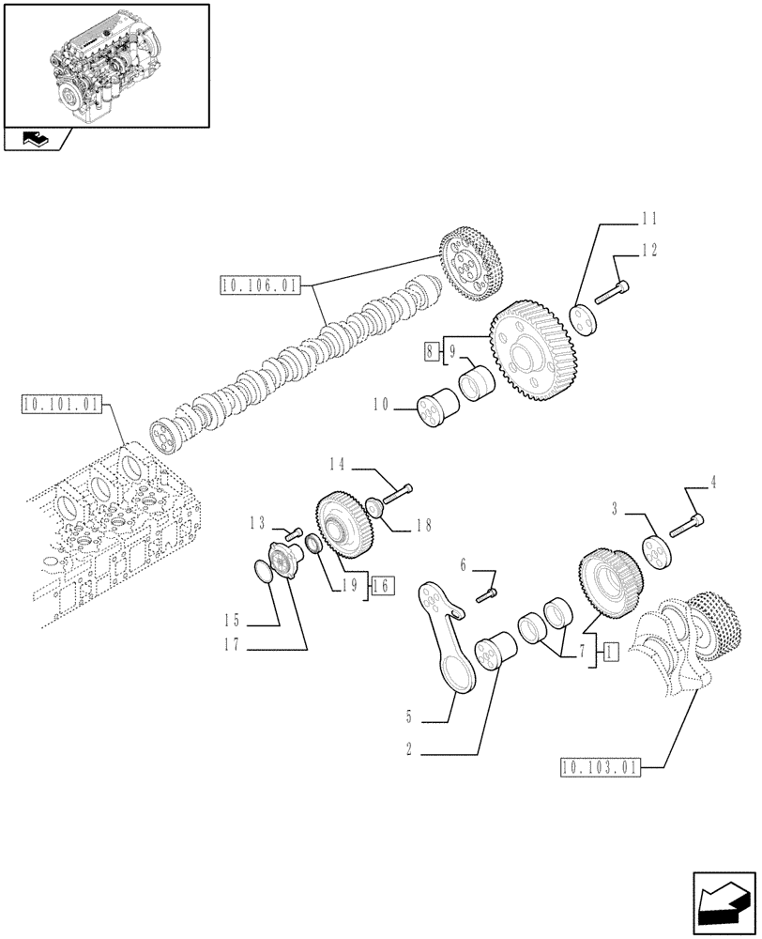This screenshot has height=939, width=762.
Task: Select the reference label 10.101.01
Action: coord(58,406)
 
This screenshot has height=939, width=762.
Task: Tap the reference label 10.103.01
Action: coord(598,767)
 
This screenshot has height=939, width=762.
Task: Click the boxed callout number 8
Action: coord(431,353)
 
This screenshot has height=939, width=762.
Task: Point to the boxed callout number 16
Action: coord(382,586)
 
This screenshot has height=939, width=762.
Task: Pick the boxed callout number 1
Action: coord(610,651)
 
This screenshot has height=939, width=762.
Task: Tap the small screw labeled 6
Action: coord(489,594)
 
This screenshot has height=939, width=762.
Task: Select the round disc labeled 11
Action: coord(585,317)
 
